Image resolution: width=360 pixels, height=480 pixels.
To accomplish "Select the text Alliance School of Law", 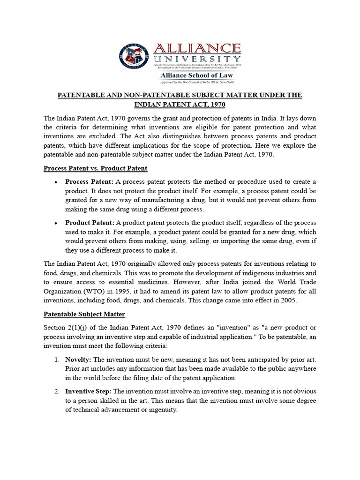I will (x=197, y=75).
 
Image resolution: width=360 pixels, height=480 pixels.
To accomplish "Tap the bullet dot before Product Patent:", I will (x=56, y=223).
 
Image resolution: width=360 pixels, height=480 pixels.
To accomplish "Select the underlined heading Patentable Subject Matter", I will (x=84, y=314).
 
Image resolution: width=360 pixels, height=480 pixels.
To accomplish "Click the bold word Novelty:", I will (x=78, y=360).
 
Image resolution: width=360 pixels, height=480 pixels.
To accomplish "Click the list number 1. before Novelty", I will (x=56, y=360).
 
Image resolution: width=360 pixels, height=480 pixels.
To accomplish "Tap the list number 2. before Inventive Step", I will (x=56, y=391).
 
